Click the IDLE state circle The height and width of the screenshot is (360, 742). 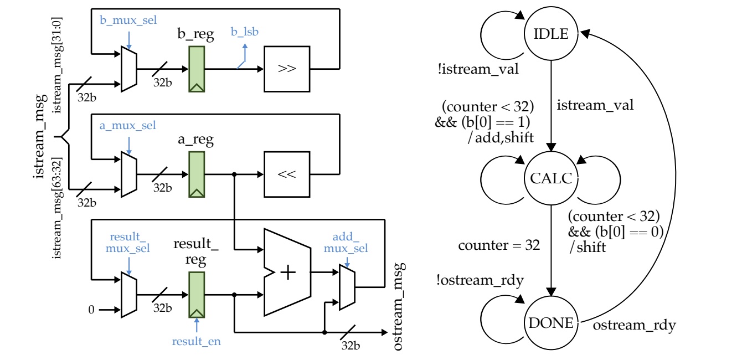pyautogui.click(x=551, y=34)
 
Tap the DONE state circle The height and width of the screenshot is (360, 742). pyautogui.click(x=551, y=322)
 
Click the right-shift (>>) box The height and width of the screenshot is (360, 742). pyautogui.click(x=287, y=69)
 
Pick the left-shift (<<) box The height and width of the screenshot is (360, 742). pyautogui.click(x=287, y=174)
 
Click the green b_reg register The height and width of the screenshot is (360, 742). pyautogui.click(x=197, y=69)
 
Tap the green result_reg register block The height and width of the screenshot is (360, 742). pyautogui.click(x=197, y=294)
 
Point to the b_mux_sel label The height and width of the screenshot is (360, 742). pyautogui.click(x=128, y=20)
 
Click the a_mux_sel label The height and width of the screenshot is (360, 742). pyautogui.click(x=128, y=126)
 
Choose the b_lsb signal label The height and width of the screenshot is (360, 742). pyautogui.click(x=245, y=32)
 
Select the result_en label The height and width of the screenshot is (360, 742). pyautogui.click(x=197, y=341)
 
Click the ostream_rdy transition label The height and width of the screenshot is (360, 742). pyautogui.click(x=635, y=326)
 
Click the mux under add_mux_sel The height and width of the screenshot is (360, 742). pyautogui.click(x=347, y=287)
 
